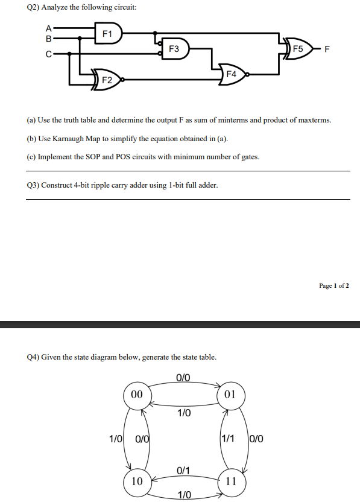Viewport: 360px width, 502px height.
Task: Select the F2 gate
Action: coord(107,79)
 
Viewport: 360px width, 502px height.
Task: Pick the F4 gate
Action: coord(232,74)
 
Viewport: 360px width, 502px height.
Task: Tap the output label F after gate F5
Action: coord(327,48)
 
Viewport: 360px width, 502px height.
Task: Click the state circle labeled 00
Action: coord(137,395)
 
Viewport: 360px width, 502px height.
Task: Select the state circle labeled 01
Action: coord(229,395)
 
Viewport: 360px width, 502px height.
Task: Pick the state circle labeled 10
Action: coord(137,481)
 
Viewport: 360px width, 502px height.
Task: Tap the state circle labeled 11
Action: coord(230,481)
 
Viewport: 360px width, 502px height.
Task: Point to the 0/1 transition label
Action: coord(183,470)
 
